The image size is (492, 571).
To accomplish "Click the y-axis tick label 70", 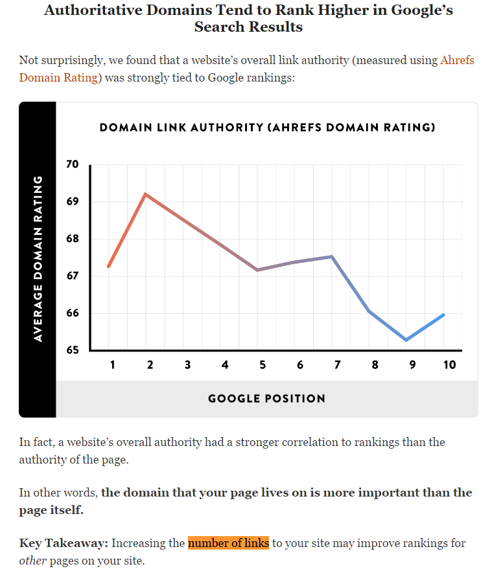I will (x=72, y=164).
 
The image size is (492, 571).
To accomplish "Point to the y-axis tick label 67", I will (x=72, y=276).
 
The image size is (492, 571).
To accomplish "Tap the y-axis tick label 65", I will (x=72, y=351).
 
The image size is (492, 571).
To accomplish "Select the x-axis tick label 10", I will (x=449, y=365).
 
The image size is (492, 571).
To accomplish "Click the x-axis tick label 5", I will (x=263, y=365).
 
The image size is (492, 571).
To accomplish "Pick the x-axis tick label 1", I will (x=112, y=365).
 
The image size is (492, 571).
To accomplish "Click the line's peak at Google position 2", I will (x=146, y=194).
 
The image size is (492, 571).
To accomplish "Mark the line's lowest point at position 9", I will (x=406, y=340).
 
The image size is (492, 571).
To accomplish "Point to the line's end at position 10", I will (x=444, y=315).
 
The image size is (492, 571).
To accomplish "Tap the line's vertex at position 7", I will (x=332, y=256).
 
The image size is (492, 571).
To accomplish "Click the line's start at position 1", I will (x=108, y=266).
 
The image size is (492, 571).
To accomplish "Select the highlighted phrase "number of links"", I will (x=228, y=543).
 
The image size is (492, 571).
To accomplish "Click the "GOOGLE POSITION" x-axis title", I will (x=266, y=399).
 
